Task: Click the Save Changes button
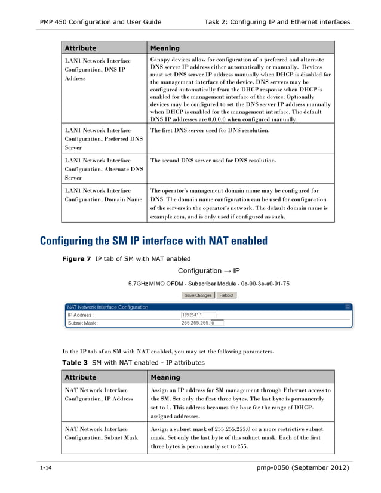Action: point(198,295)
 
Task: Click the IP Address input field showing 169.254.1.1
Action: point(198,315)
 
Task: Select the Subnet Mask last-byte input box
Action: point(217,323)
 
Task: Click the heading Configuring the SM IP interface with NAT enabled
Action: point(153,241)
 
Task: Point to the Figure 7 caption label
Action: point(77,259)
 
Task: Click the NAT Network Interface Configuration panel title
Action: point(107,307)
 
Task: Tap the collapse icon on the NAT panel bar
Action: point(348,307)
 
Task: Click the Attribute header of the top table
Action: point(80,48)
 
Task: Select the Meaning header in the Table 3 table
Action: point(165,377)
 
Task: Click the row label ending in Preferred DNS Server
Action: point(103,138)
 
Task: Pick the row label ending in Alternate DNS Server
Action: point(103,169)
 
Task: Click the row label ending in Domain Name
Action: point(103,195)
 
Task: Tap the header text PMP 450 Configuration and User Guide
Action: point(100,22)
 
